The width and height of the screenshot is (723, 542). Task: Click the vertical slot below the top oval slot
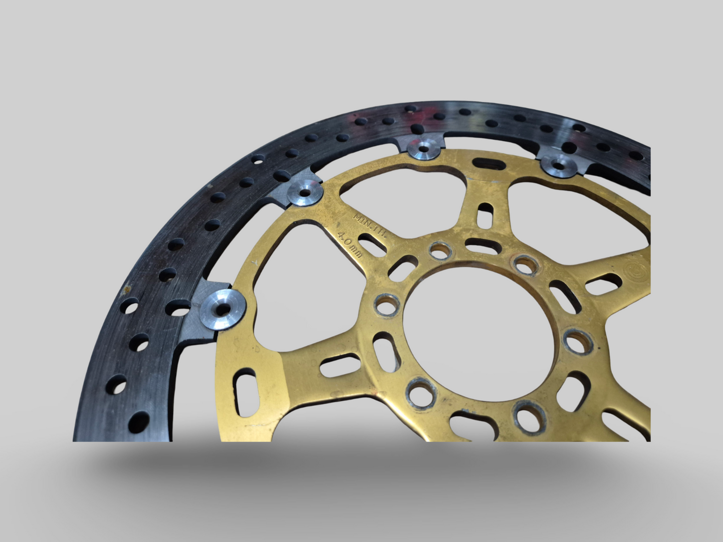click(484, 214)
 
